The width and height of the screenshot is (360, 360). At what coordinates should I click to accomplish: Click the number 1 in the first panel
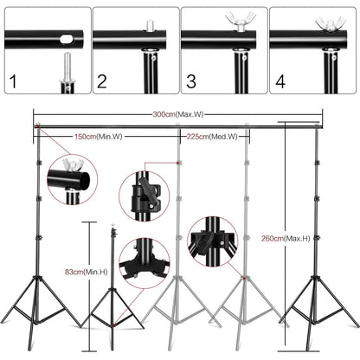tap(12, 83)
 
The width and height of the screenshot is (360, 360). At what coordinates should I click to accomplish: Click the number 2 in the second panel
tap(101, 83)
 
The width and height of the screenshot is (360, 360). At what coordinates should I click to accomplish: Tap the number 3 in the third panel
tap(190, 83)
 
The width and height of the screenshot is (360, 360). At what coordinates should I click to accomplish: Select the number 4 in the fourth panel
tap(278, 83)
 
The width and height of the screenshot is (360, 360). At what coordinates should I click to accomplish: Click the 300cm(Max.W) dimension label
tap(179, 113)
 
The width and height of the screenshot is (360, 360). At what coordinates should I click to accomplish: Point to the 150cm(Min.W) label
tap(93, 136)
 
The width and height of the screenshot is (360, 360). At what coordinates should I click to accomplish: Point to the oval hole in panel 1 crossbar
tap(63, 38)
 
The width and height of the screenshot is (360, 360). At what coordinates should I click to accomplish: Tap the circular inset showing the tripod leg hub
tap(143, 262)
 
